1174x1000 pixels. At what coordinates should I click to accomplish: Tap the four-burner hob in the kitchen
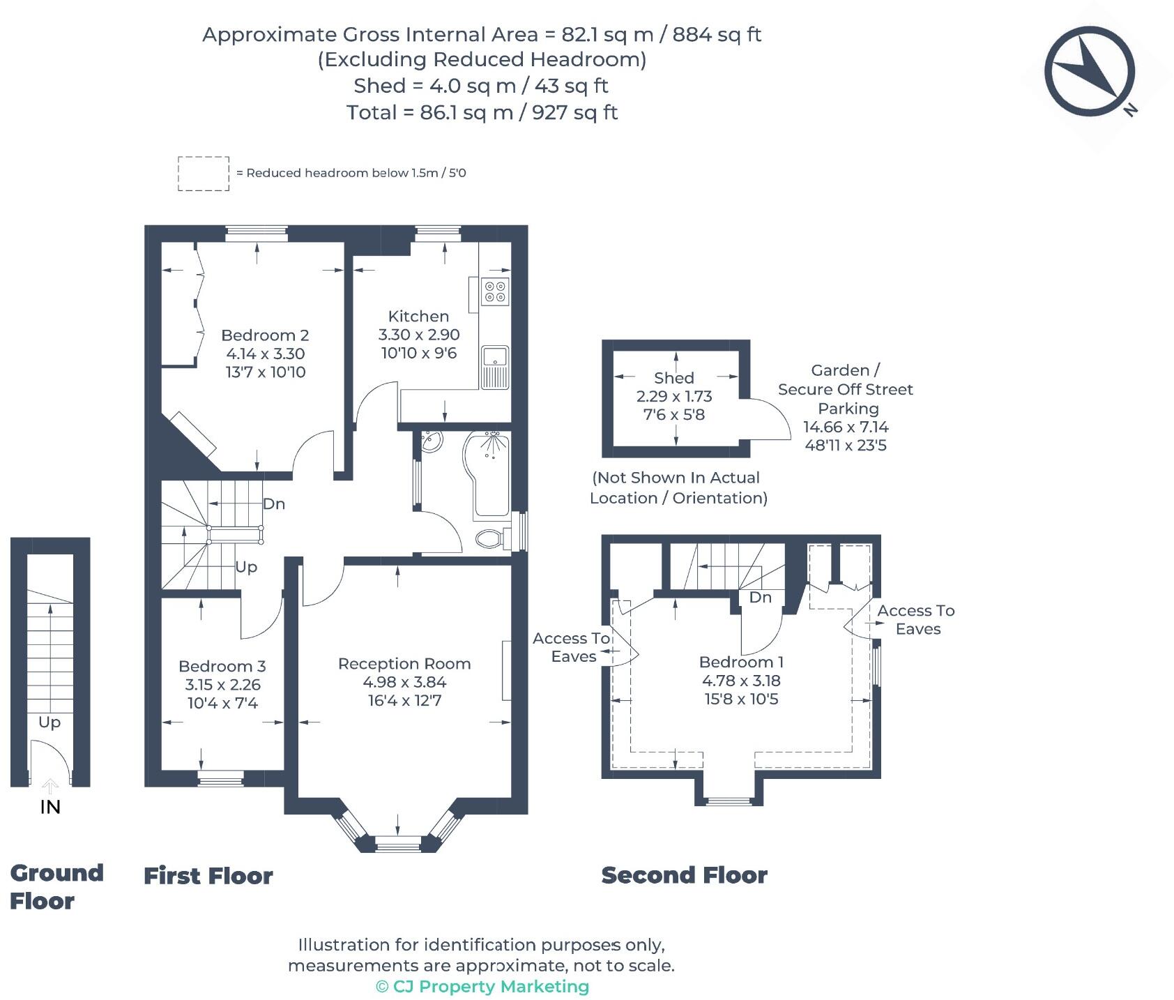(x=496, y=291)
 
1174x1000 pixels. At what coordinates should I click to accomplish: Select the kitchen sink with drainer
(x=495, y=367)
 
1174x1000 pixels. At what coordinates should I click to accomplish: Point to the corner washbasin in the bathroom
(x=431, y=441)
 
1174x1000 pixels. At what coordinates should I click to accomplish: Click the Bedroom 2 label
(x=265, y=335)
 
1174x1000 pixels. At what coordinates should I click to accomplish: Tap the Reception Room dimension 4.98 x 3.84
(x=404, y=682)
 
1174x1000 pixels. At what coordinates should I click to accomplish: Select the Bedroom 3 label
(x=222, y=666)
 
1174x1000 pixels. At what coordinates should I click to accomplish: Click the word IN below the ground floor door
(x=50, y=807)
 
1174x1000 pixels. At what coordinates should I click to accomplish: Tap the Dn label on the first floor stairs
(x=273, y=503)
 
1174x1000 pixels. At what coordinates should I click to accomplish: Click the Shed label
(x=673, y=378)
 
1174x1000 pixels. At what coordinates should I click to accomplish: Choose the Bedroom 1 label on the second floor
(x=740, y=662)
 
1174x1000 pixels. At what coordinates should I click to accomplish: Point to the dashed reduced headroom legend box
(x=204, y=174)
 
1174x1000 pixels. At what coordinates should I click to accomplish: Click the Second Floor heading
(x=684, y=875)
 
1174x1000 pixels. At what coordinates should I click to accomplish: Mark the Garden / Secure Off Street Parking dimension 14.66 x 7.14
(x=846, y=427)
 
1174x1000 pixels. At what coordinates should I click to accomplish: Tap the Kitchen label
(x=418, y=316)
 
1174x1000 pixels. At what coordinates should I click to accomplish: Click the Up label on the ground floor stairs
(x=49, y=722)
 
